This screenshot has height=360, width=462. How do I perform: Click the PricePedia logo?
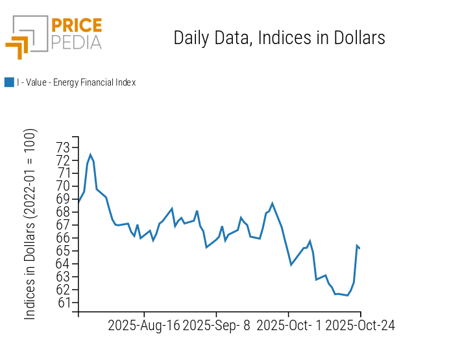pos(54,36)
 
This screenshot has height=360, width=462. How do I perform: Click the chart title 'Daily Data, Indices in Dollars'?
pos(279,38)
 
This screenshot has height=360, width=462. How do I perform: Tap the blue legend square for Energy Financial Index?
pos(9,82)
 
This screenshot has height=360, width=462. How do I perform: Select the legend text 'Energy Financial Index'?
pos(76,82)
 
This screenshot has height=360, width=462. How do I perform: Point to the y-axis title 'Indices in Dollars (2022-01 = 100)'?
pos(30,224)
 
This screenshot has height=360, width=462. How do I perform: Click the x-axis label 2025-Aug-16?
pos(144,325)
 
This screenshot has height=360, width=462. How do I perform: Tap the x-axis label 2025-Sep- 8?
pos(217,325)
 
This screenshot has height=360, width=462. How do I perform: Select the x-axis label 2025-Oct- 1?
pos(289,325)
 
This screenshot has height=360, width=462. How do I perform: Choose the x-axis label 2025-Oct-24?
pos(359,325)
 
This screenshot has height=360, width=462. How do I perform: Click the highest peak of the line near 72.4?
pos(90,154)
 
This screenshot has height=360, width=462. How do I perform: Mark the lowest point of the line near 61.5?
pos(348,295)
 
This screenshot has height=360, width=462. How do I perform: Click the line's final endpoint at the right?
pos(360,248)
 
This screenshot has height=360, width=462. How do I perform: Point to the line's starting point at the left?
pos(79,202)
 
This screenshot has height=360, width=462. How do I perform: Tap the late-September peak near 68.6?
pos(272,203)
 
